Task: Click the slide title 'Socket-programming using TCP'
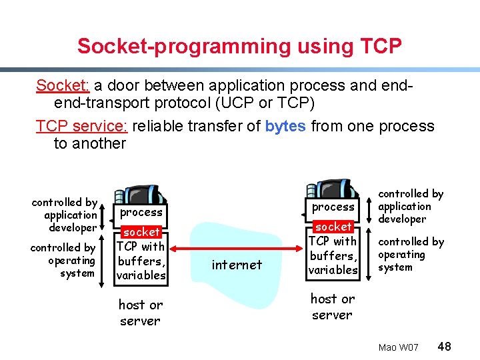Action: (239, 46)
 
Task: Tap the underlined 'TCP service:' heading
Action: (83, 126)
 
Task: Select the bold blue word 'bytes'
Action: (286, 126)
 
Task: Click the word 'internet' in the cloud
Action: (237, 265)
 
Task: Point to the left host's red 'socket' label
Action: (141, 232)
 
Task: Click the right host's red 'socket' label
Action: (333, 227)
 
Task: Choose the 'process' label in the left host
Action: (141, 212)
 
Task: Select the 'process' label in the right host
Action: (333, 207)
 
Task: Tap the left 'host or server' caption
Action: (140, 313)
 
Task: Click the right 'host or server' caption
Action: (332, 307)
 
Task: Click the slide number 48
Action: (445, 347)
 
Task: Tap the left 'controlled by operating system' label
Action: (64, 260)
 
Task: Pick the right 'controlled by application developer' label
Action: (410, 206)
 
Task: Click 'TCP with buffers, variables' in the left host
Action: (141, 261)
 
